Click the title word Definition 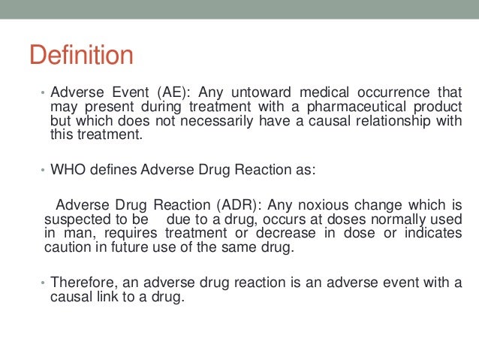(80, 55)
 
